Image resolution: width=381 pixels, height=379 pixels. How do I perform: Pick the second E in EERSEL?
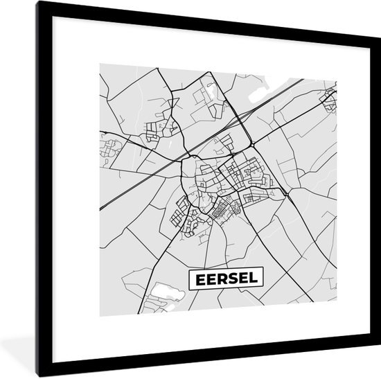click(209, 279)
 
